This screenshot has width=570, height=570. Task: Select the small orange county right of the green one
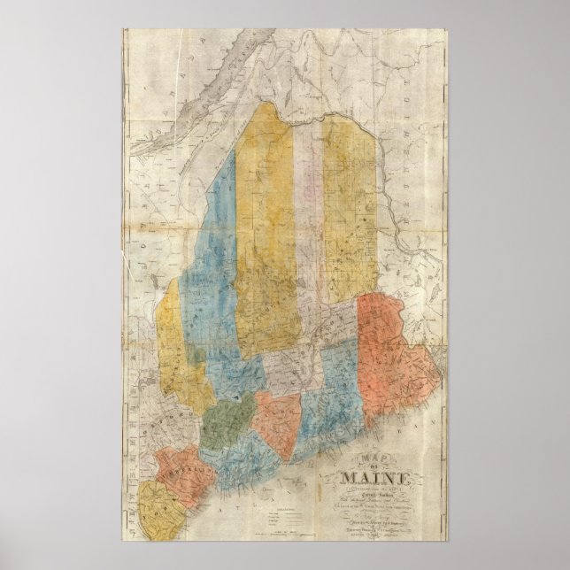pos(277,416)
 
